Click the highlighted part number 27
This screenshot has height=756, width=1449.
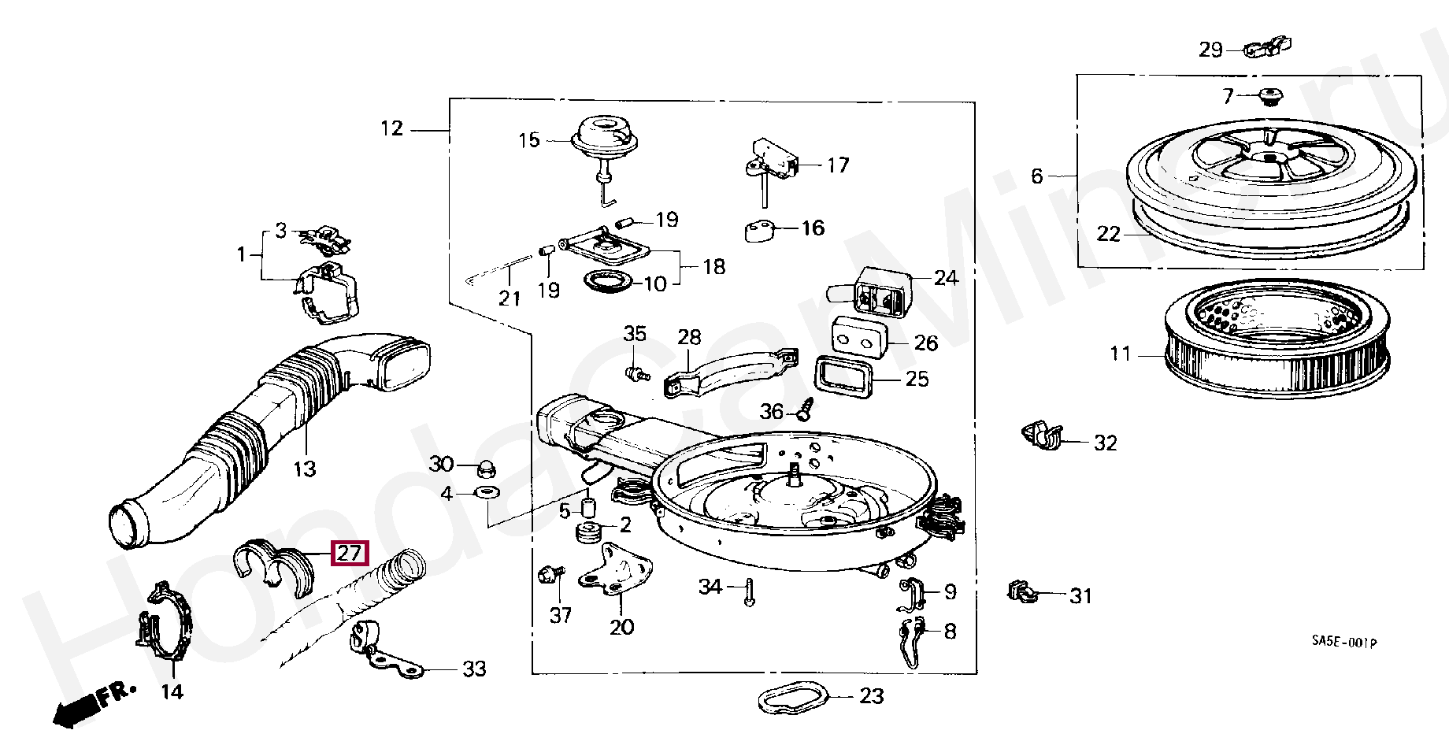coord(349,554)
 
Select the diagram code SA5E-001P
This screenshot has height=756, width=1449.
coord(1344,643)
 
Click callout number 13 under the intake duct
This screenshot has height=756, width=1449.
coord(304,469)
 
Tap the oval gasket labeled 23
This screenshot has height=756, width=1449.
coord(794,699)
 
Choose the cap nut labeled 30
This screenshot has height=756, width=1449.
coord(486,469)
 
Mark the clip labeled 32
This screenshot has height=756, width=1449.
coord(1041,435)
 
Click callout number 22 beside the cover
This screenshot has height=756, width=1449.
coord(1108,234)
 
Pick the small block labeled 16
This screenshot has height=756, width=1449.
coord(759,230)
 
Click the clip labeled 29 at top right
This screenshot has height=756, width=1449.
coord(1267,49)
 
